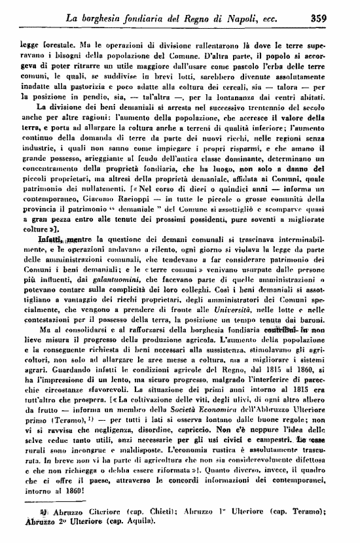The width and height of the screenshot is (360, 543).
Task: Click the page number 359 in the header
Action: (x=338, y=18)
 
